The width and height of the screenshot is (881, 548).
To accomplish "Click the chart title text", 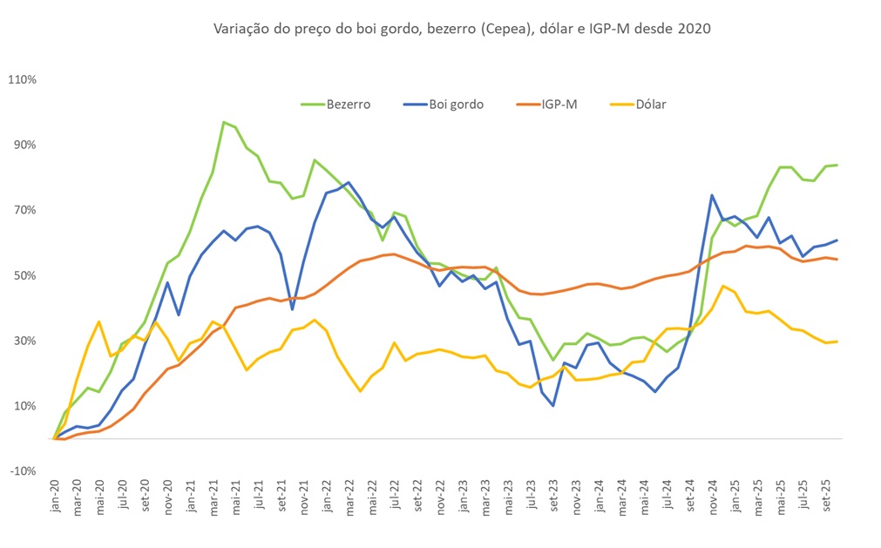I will [462, 29].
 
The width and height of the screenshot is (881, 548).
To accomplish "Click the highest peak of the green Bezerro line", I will [224, 122].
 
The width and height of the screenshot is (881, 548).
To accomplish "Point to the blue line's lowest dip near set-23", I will [553, 405].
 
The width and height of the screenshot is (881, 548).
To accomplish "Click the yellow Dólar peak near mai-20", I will [99, 321].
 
